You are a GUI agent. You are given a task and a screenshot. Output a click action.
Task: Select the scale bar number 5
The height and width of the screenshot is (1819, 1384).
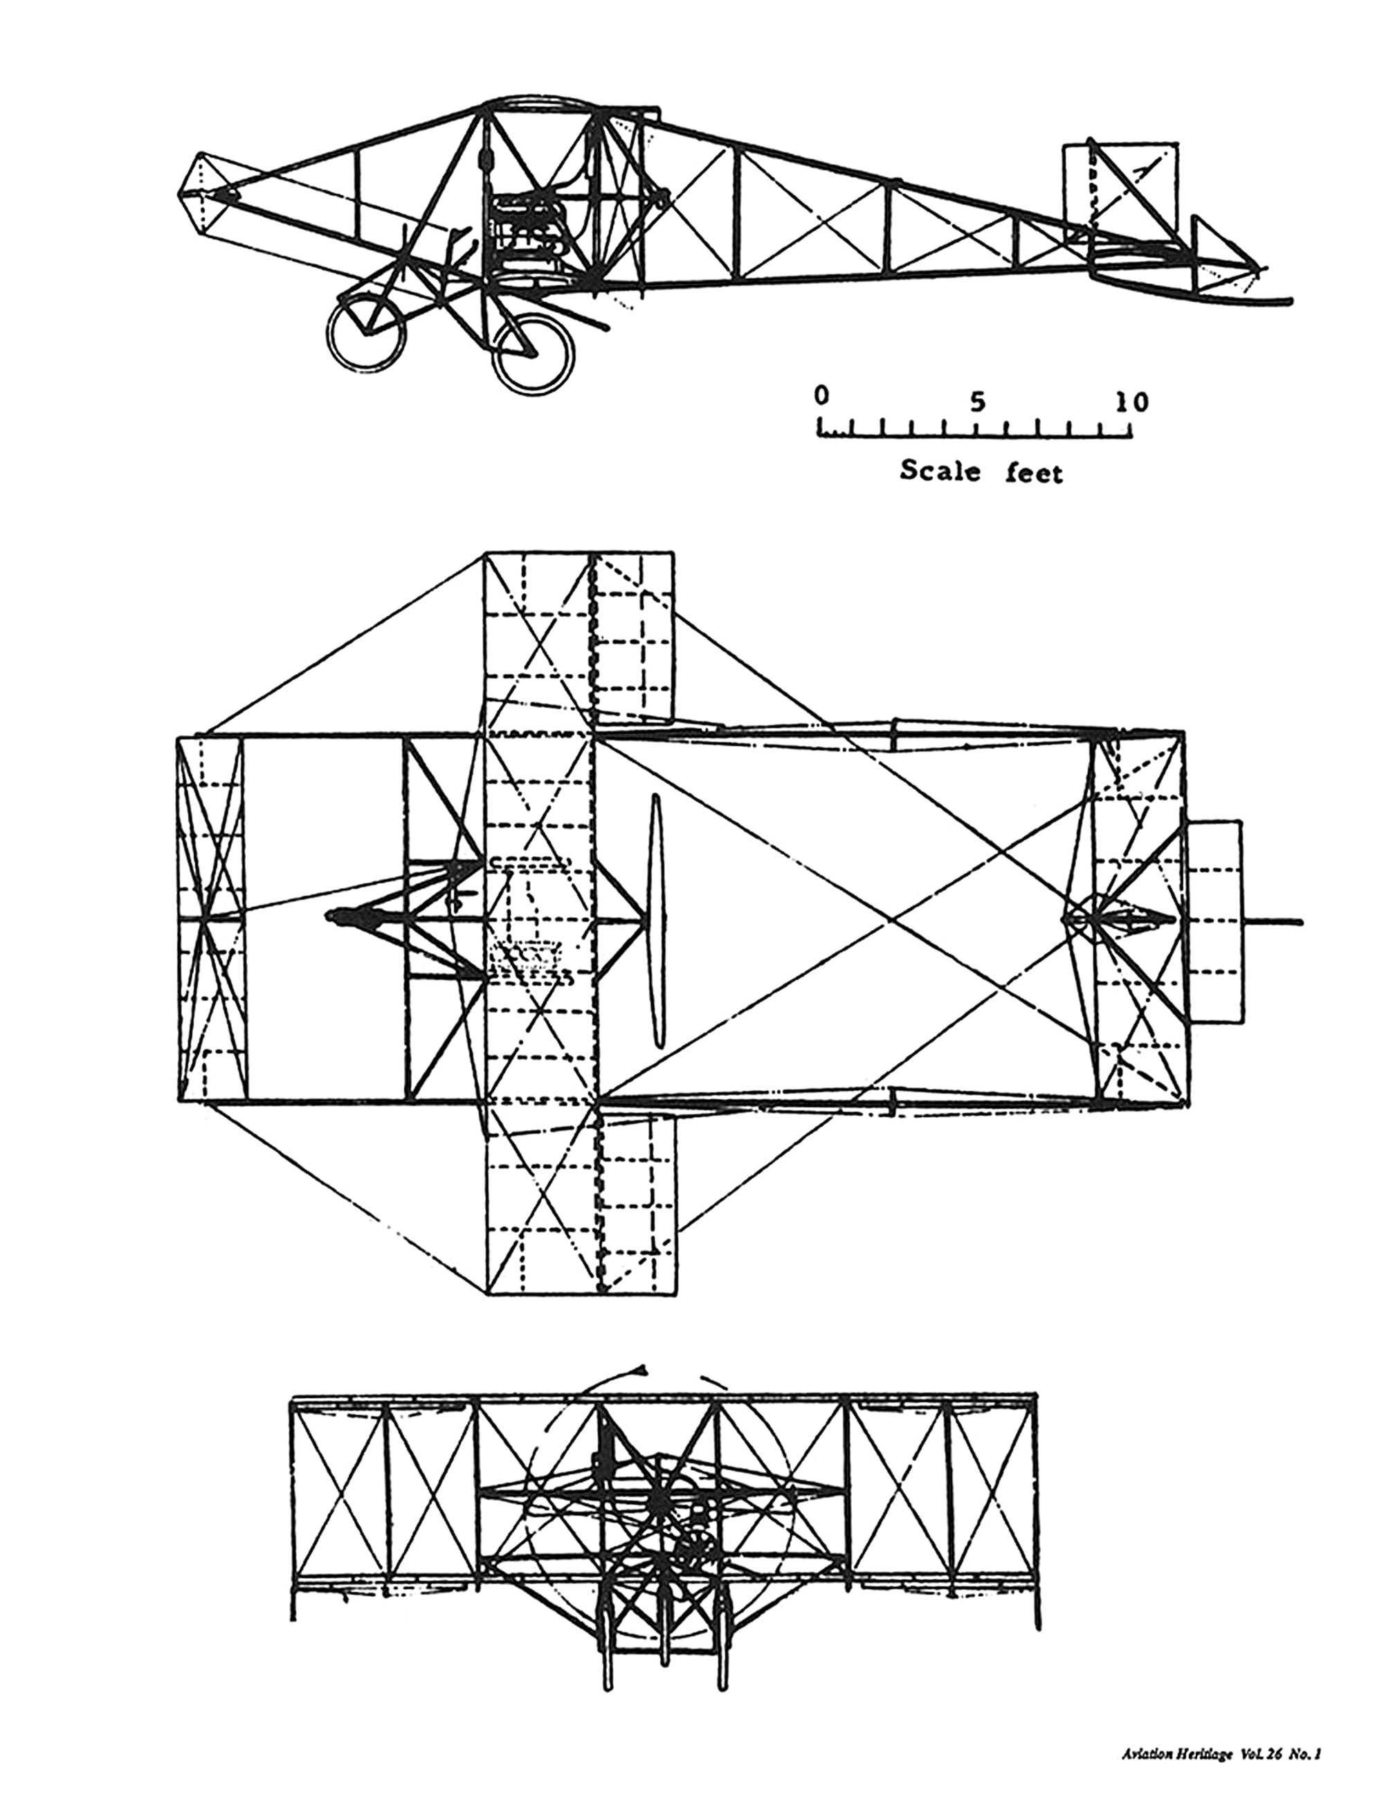coord(976,401)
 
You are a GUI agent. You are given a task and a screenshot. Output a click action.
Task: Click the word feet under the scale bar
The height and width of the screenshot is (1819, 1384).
coord(1035,472)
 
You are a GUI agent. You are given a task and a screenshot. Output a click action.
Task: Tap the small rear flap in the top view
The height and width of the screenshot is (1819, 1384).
coord(1215,922)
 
